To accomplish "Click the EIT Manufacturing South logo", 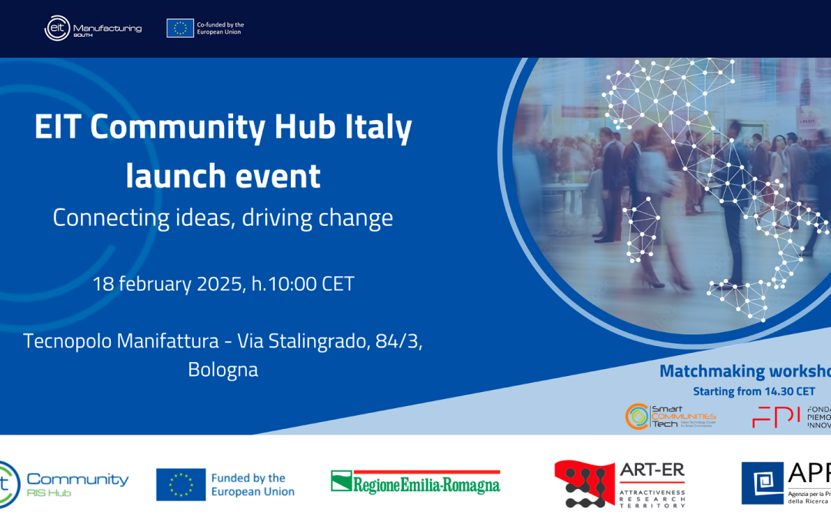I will point(92,28).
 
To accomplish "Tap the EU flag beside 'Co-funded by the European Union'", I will point(180,28).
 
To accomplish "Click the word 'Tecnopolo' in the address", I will point(67,341).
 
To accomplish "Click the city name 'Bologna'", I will point(223,370).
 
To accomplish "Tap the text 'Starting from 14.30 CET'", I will point(754,392).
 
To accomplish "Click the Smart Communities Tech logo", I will point(669,416).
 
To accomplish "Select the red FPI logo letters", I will point(776,417).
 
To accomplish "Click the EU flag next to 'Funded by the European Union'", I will point(181,484).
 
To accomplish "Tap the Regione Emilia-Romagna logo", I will point(415,483).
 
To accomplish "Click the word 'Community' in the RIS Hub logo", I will point(78,480).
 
